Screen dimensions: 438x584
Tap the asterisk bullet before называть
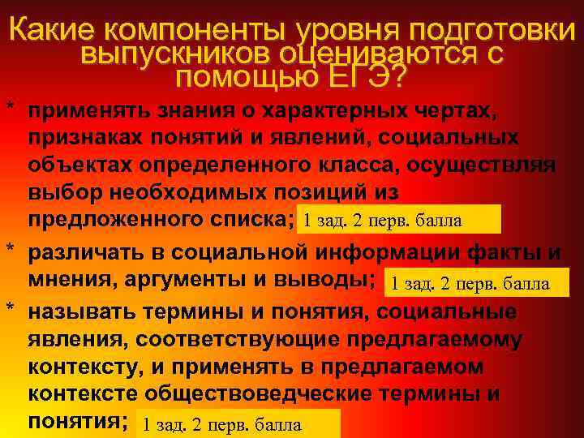coord(10,311)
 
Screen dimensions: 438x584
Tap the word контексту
coord(86,367)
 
